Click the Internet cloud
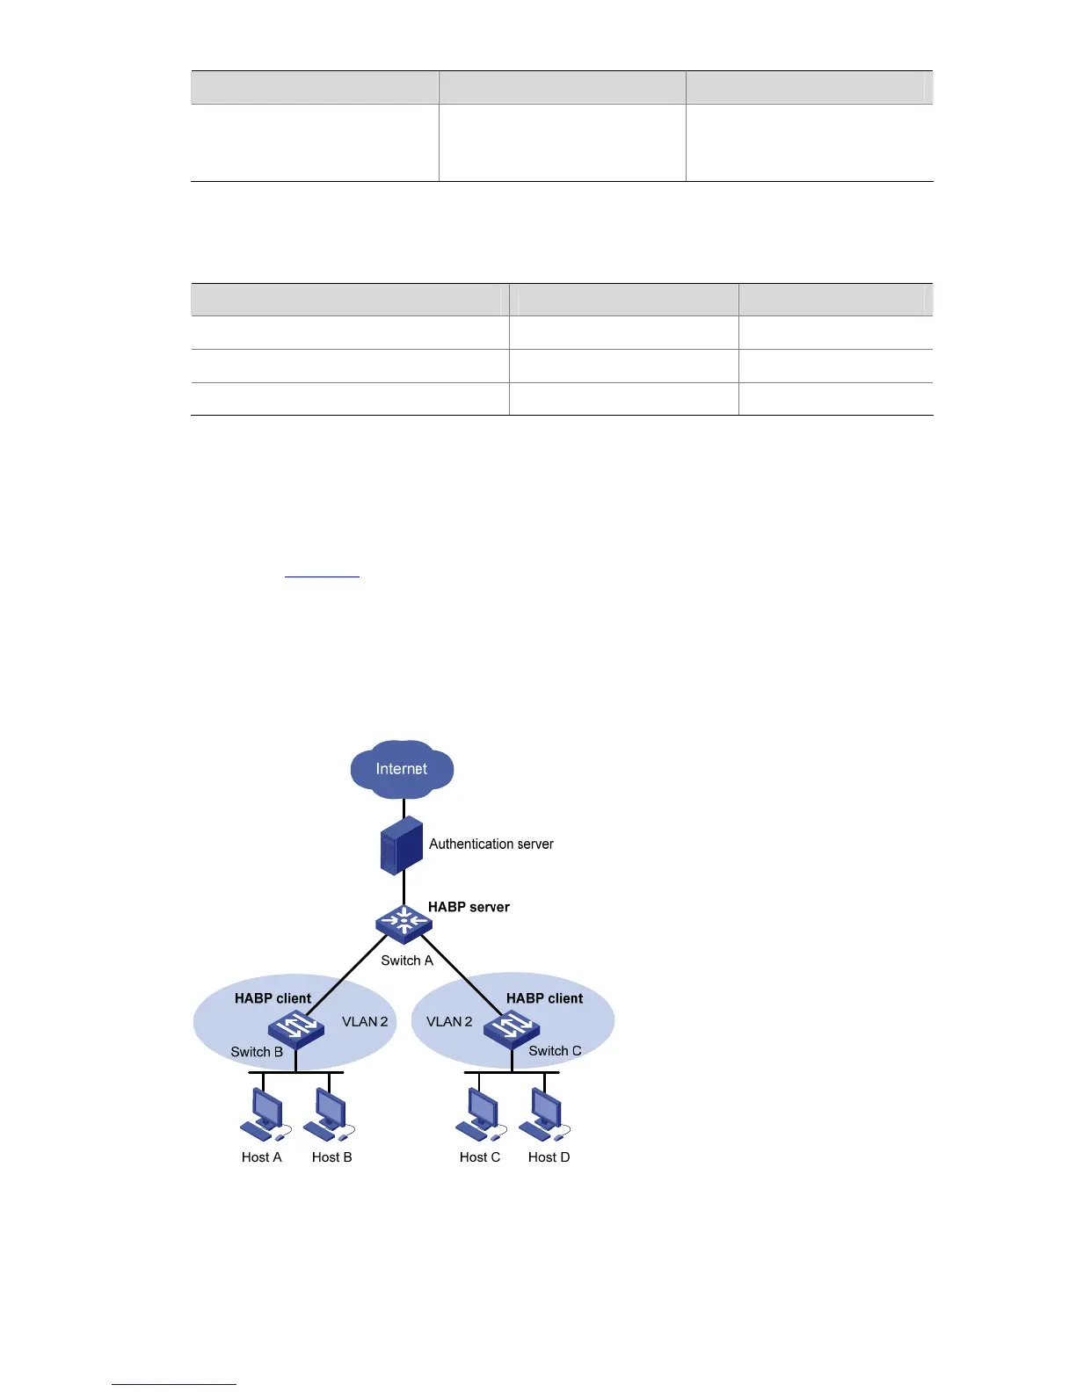(x=402, y=769)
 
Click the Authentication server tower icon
(x=401, y=845)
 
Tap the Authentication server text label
(x=491, y=844)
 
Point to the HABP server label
(x=469, y=907)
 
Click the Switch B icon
(x=296, y=1027)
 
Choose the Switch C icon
(x=512, y=1027)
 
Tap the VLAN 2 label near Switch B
(x=365, y=1021)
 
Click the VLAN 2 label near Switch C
(x=449, y=1021)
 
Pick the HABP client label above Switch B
(x=273, y=998)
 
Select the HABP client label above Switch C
(x=544, y=998)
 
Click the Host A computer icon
(x=263, y=1115)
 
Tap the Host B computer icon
(x=330, y=1115)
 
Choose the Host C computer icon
(x=479, y=1115)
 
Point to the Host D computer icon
(x=545, y=1115)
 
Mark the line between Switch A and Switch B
(x=347, y=975)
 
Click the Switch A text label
(x=407, y=961)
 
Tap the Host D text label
(x=549, y=1157)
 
